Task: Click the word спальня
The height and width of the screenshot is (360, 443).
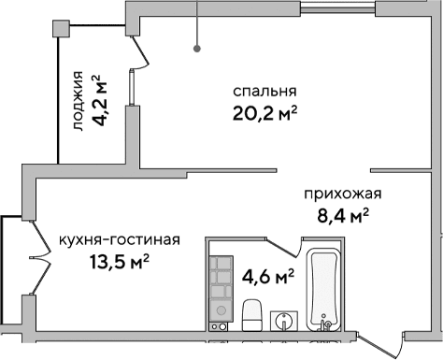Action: coord(264,92)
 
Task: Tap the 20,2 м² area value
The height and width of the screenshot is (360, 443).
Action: coord(264,114)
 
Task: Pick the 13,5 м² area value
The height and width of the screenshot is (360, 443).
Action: coord(120,260)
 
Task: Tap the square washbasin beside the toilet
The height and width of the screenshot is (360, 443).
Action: coord(285,321)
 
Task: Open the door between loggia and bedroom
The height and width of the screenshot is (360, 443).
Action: coord(140,51)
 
